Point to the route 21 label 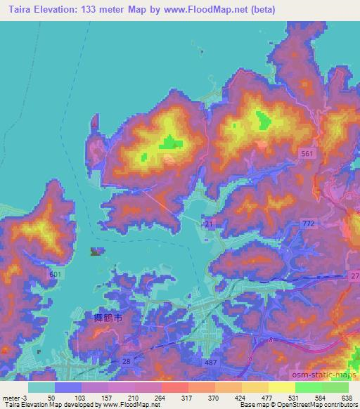pos(209,223)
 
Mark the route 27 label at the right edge pos(354,275)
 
